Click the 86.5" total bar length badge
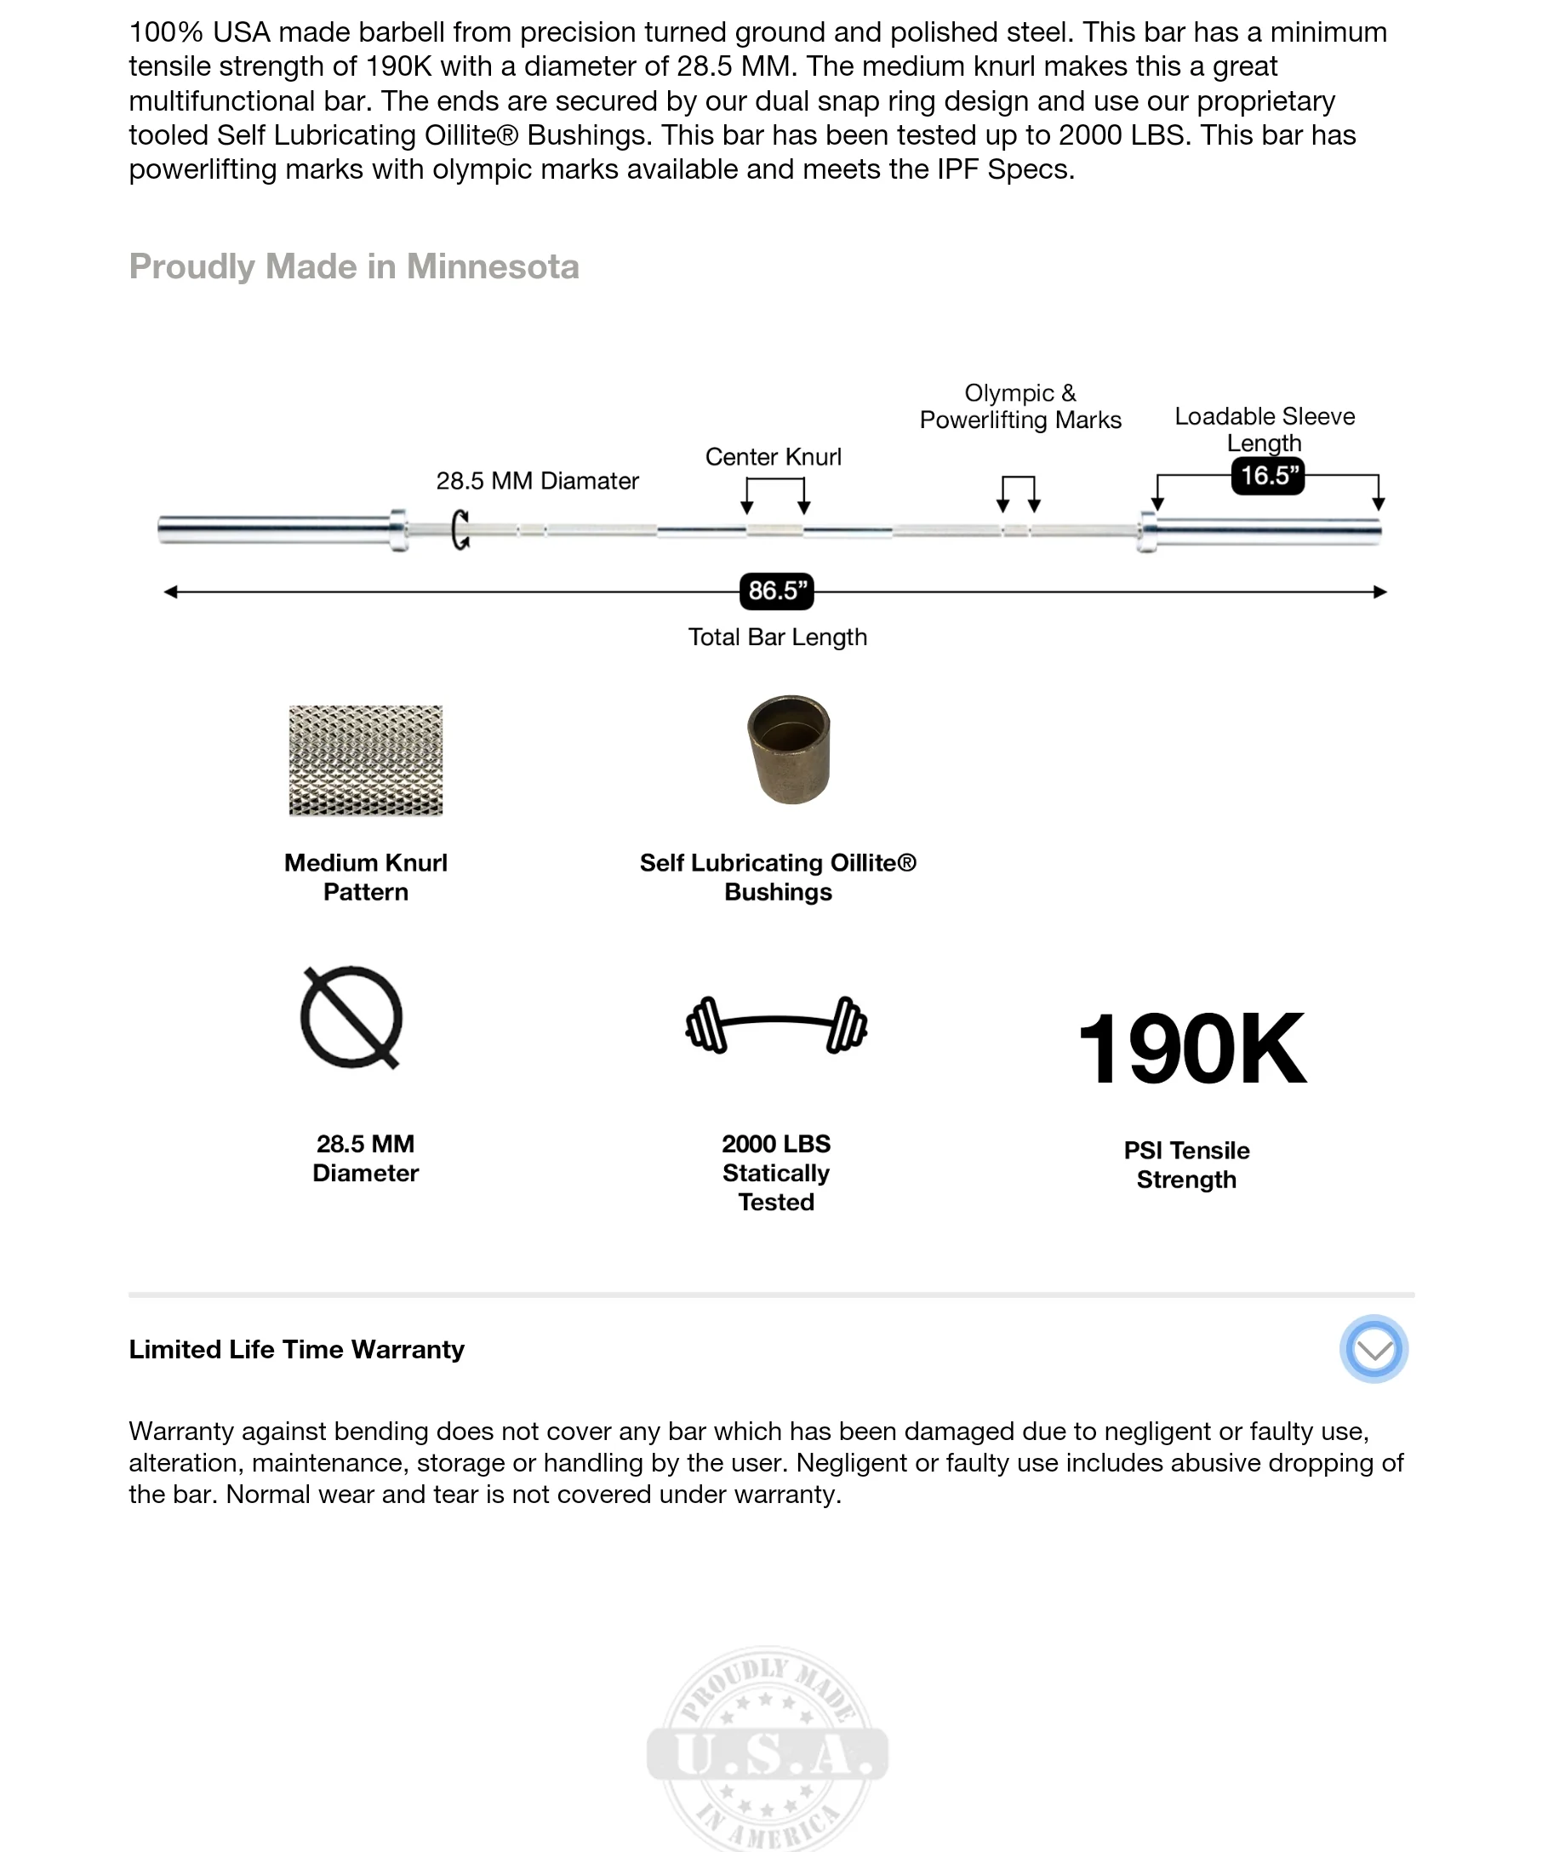click(x=776, y=591)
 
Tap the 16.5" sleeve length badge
click(x=1268, y=477)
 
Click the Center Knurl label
click(x=774, y=457)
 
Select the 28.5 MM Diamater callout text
click(x=537, y=481)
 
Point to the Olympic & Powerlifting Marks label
click(x=1020, y=407)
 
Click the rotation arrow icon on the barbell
click(x=460, y=530)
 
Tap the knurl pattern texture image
click(x=366, y=760)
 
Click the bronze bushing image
click(x=789, y=750)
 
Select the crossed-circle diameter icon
click(x=351, y=1018)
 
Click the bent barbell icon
click(x=777, y=1024)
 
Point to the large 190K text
click(x=1191, y=1049)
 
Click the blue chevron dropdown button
click(x=1374, y=1349)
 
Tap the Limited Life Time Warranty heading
click(x=296, y=1349)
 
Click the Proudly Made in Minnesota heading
click(x=353, y=266)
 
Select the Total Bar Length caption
click(x=778, y=637)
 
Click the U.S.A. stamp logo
click(x=767, y=1751)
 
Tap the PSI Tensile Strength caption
click(x=1186, y=1165)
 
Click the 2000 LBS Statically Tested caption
click(x=776, y=1173)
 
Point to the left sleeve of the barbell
click(x=275, y=529)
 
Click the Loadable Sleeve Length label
click(x=1265, y=429)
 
